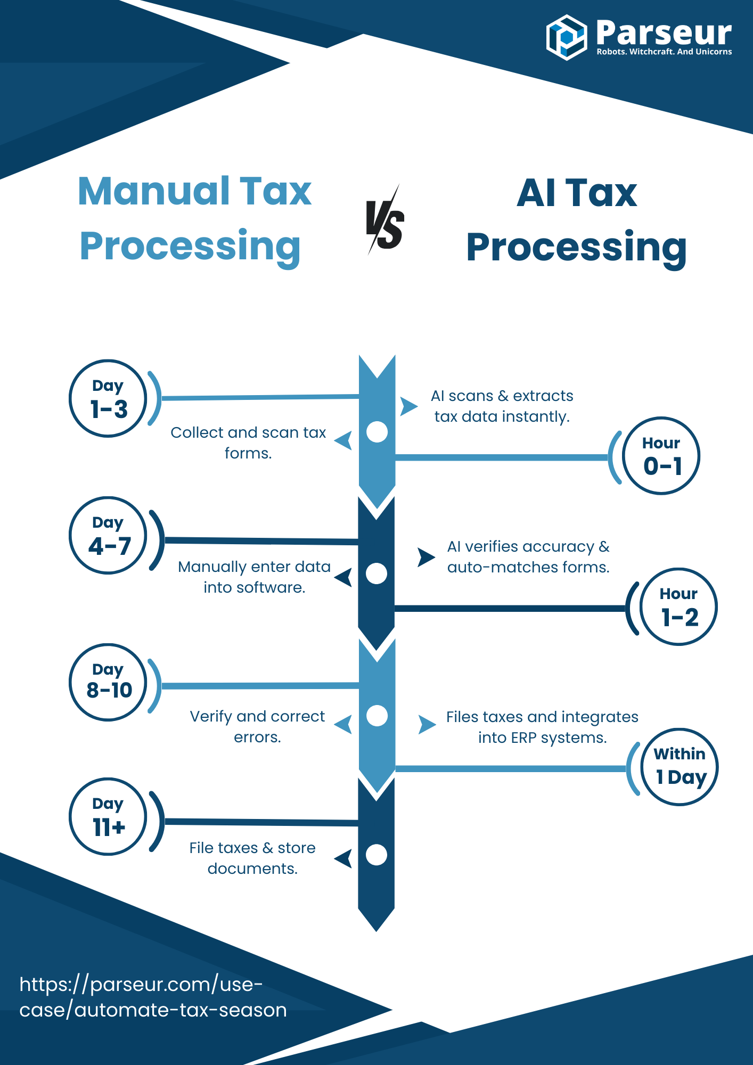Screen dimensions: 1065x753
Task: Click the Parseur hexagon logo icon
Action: coord(566,37)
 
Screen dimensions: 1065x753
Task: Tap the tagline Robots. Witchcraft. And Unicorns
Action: coord(664,52)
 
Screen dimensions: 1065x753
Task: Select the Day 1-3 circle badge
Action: coord(108,398)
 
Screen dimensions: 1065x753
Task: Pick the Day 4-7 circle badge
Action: coord(108,535)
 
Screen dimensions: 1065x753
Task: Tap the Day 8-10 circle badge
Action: coord(108,682)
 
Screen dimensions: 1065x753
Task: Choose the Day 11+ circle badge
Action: coord(108,817)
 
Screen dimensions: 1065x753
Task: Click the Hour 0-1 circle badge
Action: coord(661,456)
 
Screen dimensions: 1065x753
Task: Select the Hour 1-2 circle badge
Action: coord(679,607)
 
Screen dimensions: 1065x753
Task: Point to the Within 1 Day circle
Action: coord(680,767)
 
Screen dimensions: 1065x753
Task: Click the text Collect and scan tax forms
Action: coord(248,443)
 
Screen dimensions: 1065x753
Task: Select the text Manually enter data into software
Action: coord(254,577)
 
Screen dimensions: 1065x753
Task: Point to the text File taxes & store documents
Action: coord(252,858)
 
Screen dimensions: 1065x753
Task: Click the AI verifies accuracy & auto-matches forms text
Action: coord(528,556)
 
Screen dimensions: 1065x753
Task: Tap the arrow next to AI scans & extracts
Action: coord(408,406)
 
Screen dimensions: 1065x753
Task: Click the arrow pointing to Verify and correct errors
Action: coord(343,724)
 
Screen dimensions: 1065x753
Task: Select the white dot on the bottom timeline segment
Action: coord(376,855)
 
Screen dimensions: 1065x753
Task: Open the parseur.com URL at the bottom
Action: coord(153,997)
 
